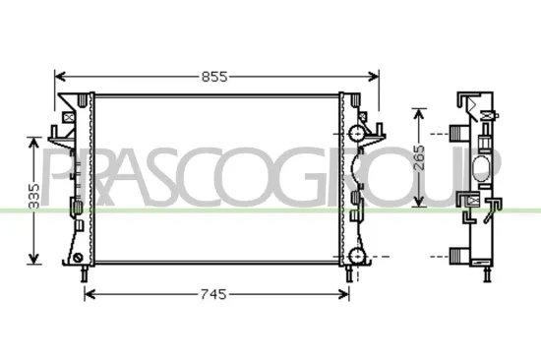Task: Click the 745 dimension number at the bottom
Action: (x=214, y=293)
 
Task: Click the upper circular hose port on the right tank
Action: (x=354, y=133)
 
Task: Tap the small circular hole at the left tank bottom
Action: (x=78, y=259)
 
